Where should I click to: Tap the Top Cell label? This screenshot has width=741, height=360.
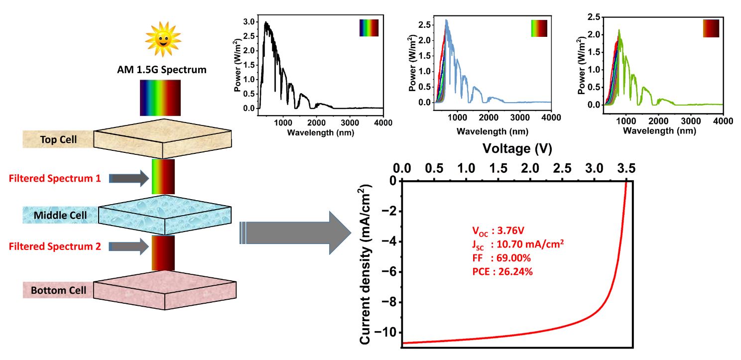coord(58,139)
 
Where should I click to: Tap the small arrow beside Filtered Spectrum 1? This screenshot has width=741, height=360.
coord(128,177)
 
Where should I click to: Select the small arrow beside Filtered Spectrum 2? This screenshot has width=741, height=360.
coord(128,245)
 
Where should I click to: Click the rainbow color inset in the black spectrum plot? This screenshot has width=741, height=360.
coord(369,28)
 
